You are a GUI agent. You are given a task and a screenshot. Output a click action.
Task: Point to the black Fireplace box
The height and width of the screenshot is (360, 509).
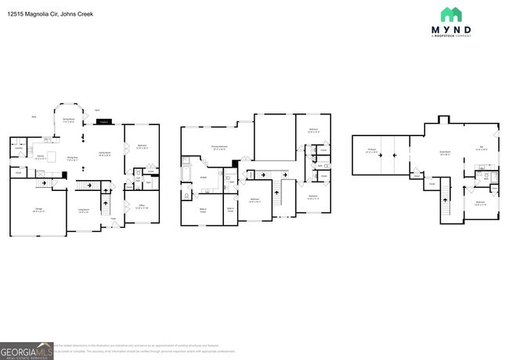(x=104, y=121)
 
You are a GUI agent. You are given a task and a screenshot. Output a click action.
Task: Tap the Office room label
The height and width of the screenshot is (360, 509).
(x=143, y=206)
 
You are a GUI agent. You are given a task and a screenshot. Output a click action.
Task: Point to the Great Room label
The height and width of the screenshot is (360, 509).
(x=445, y=153)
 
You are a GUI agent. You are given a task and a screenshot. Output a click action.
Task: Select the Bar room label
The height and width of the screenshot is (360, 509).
(x=482, y=148)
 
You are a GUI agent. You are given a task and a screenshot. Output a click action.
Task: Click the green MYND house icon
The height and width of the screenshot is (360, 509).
(x=451, y=15)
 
